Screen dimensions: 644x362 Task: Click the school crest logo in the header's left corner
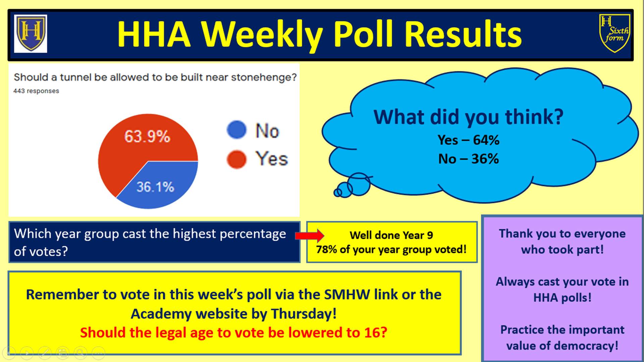31,34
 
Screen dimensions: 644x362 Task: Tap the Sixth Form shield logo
614,33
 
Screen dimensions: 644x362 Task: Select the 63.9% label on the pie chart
147,136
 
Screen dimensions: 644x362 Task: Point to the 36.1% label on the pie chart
155,187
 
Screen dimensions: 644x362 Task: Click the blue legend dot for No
236,130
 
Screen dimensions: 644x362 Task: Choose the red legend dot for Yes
236,159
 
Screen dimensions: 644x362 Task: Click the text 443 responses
36,91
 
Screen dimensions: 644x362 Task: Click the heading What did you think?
468,117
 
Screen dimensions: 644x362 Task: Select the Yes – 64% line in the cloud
468,140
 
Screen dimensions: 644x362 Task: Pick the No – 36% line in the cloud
468,159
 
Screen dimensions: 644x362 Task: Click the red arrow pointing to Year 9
310,236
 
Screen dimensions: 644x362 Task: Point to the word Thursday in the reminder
304,314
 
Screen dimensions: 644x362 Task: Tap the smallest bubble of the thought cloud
337,193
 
